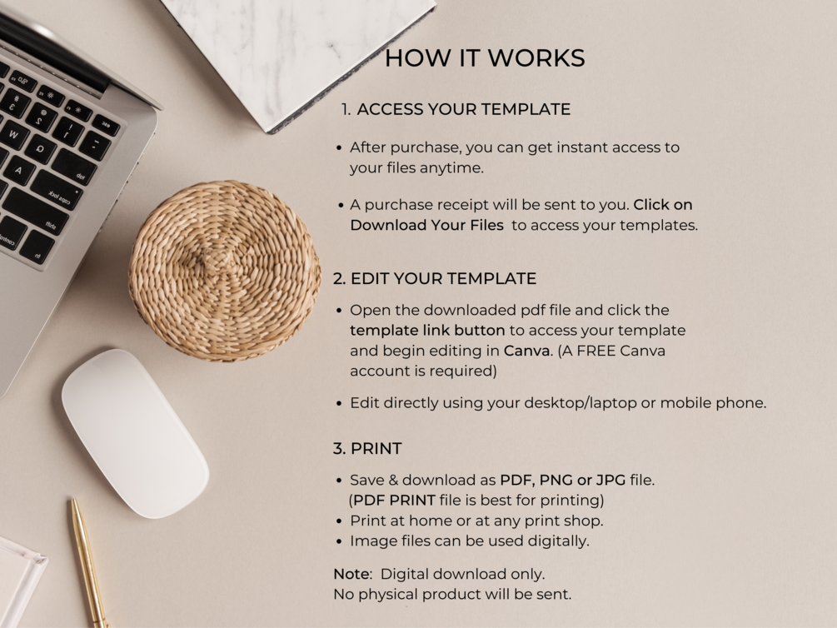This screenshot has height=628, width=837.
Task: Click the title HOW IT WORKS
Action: [x=485, y=58]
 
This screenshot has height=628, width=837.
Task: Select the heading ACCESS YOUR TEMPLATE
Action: [x=463, y=109]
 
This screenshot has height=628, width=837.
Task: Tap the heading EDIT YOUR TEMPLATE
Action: [x=443, y=279]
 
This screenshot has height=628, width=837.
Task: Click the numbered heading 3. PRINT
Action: [x=367, y=449]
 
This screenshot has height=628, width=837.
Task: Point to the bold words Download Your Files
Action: [x=427, y=226]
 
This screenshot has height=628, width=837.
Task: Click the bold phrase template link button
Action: [x=427, y=331]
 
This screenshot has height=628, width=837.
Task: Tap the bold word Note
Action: [x=351, y=574]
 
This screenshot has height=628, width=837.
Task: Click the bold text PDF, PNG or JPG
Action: [x=563, y=481]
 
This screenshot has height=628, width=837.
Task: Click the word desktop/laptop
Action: [x=563, y=403]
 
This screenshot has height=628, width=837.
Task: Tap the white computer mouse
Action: [x=135, y=433]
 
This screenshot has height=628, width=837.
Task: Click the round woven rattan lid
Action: [x=224, y=271]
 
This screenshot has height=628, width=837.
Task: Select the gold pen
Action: [x=88, y=564]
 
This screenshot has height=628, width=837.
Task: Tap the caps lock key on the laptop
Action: [x=56, y=190]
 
